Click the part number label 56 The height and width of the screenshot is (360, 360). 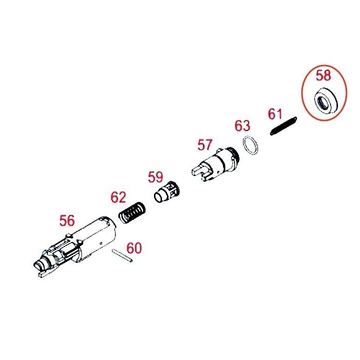pyautogui.click(x=67, y=220)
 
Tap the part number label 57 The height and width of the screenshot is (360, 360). pyautogui.click(x=205, y=145)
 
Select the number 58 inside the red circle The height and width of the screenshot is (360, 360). pyautogui.click(x=323, y=75)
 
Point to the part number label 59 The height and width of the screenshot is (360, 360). pyautogui.click(x=155, y=177)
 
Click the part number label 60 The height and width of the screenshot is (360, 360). pyautogui.click(x=134, y=248)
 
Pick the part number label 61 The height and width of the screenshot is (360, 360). pyautogui.click(x=275, y=114)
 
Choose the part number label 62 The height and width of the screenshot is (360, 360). pyautogui.click(x=118, y=197)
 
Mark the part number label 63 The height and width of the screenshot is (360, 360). pyautogui.click(x=242, y=125)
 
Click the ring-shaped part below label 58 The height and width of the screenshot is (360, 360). pyautogui.click(x=326, y=101)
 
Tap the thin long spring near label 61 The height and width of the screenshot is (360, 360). pyautogui.click(x=283, y=126)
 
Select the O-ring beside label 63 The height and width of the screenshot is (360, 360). pyautogui.click(x=250, y=146)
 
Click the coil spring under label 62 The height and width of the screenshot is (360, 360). pyautogui.click(x=132, y=212)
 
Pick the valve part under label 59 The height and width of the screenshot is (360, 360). pyautogui.click(x=166, y=192)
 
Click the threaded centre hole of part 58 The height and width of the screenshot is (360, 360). pyautogui.click(x=322, y=102)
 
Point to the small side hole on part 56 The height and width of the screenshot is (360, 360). pyautogui.click(x=101, y=243)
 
